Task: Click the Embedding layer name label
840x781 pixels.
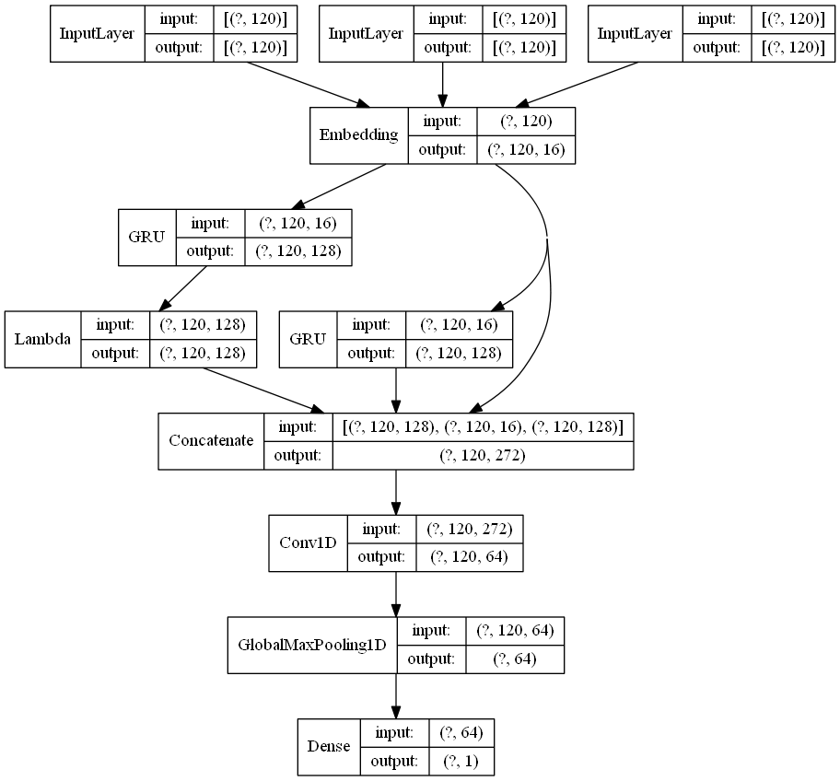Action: (x=358, y=135)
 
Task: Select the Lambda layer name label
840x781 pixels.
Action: (x=42, y=340)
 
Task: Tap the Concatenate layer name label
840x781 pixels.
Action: (x=211, y=441)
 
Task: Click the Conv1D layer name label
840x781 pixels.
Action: (x=307, y=542)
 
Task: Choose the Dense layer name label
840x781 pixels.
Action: (x=328, y=746)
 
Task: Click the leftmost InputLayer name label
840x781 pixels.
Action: (x=97, y=34)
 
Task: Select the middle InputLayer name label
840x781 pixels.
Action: (x=366, y=34)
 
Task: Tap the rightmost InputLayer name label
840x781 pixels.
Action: (x=635, y=34)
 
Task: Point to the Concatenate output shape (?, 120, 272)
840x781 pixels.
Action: (x=482, y=455)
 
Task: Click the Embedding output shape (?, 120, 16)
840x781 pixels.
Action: (x=526, y=150)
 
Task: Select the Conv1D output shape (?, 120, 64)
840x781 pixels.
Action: (x=471, y=556)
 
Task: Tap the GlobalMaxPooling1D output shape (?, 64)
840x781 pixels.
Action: (x=514, y=659)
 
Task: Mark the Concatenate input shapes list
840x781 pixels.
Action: (x=482, y=427)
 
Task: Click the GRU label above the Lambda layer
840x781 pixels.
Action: (x=146, y=238)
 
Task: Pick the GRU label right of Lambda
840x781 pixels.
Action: (x=308, y=339)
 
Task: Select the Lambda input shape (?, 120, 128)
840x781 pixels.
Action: (x=202, y=325)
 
